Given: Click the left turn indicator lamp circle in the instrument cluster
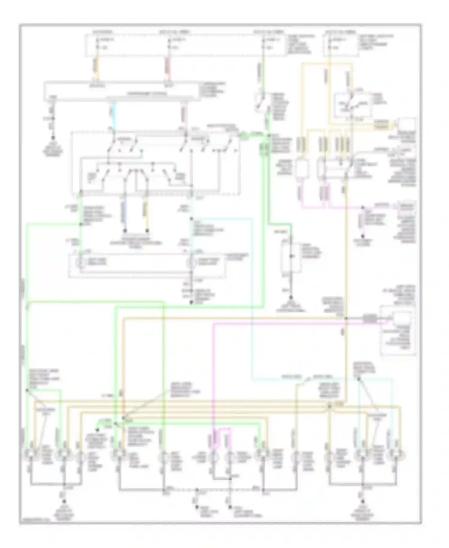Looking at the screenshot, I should tap(80, 263).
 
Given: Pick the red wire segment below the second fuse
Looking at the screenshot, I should tap(168, 67).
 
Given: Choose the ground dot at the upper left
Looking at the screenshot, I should tap(53, 138).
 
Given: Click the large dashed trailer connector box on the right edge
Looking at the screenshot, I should tap(398, 330).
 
